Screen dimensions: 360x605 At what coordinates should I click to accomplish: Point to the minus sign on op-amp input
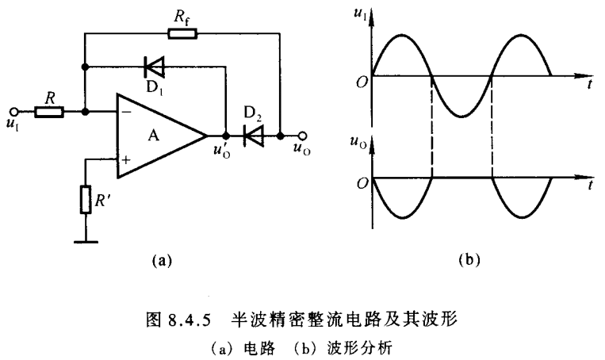(x=125, y=113)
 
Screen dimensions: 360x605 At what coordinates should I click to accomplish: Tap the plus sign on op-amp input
(x=125, y=159)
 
